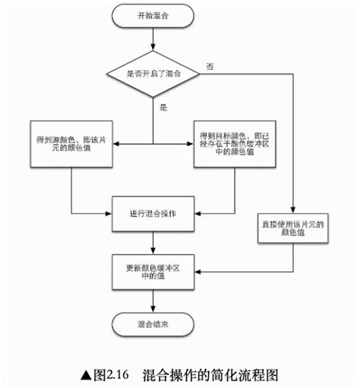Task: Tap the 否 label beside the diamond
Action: [209, 67]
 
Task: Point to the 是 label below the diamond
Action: [163, 108]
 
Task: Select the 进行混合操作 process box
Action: [153, 213]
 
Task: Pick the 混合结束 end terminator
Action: [153, 323]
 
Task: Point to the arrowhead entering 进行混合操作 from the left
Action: [109, 213]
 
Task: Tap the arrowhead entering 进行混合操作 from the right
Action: [199, 213]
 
